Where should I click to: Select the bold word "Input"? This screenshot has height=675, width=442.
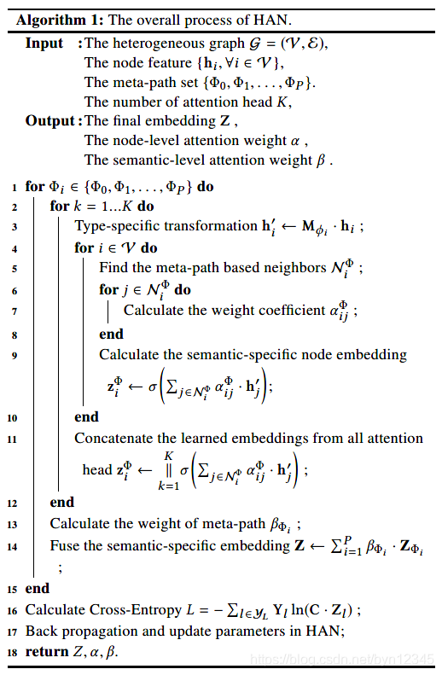(44, 43)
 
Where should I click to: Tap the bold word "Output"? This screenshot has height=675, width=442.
(50, 120)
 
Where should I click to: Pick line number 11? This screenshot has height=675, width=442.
(13, 439)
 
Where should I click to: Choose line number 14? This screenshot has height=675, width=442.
(13, 545)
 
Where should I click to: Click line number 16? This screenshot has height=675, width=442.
(13, 610)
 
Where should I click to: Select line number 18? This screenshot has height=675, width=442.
(13, 653)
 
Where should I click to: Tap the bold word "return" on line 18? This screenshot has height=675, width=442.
(46, 652)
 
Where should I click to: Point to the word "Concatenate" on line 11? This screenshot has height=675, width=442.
(114, 438)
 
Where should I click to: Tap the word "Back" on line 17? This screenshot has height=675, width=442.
(41, 631)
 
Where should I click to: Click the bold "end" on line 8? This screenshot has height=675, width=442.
(111, 334)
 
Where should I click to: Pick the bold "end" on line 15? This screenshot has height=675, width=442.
(38, 588)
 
